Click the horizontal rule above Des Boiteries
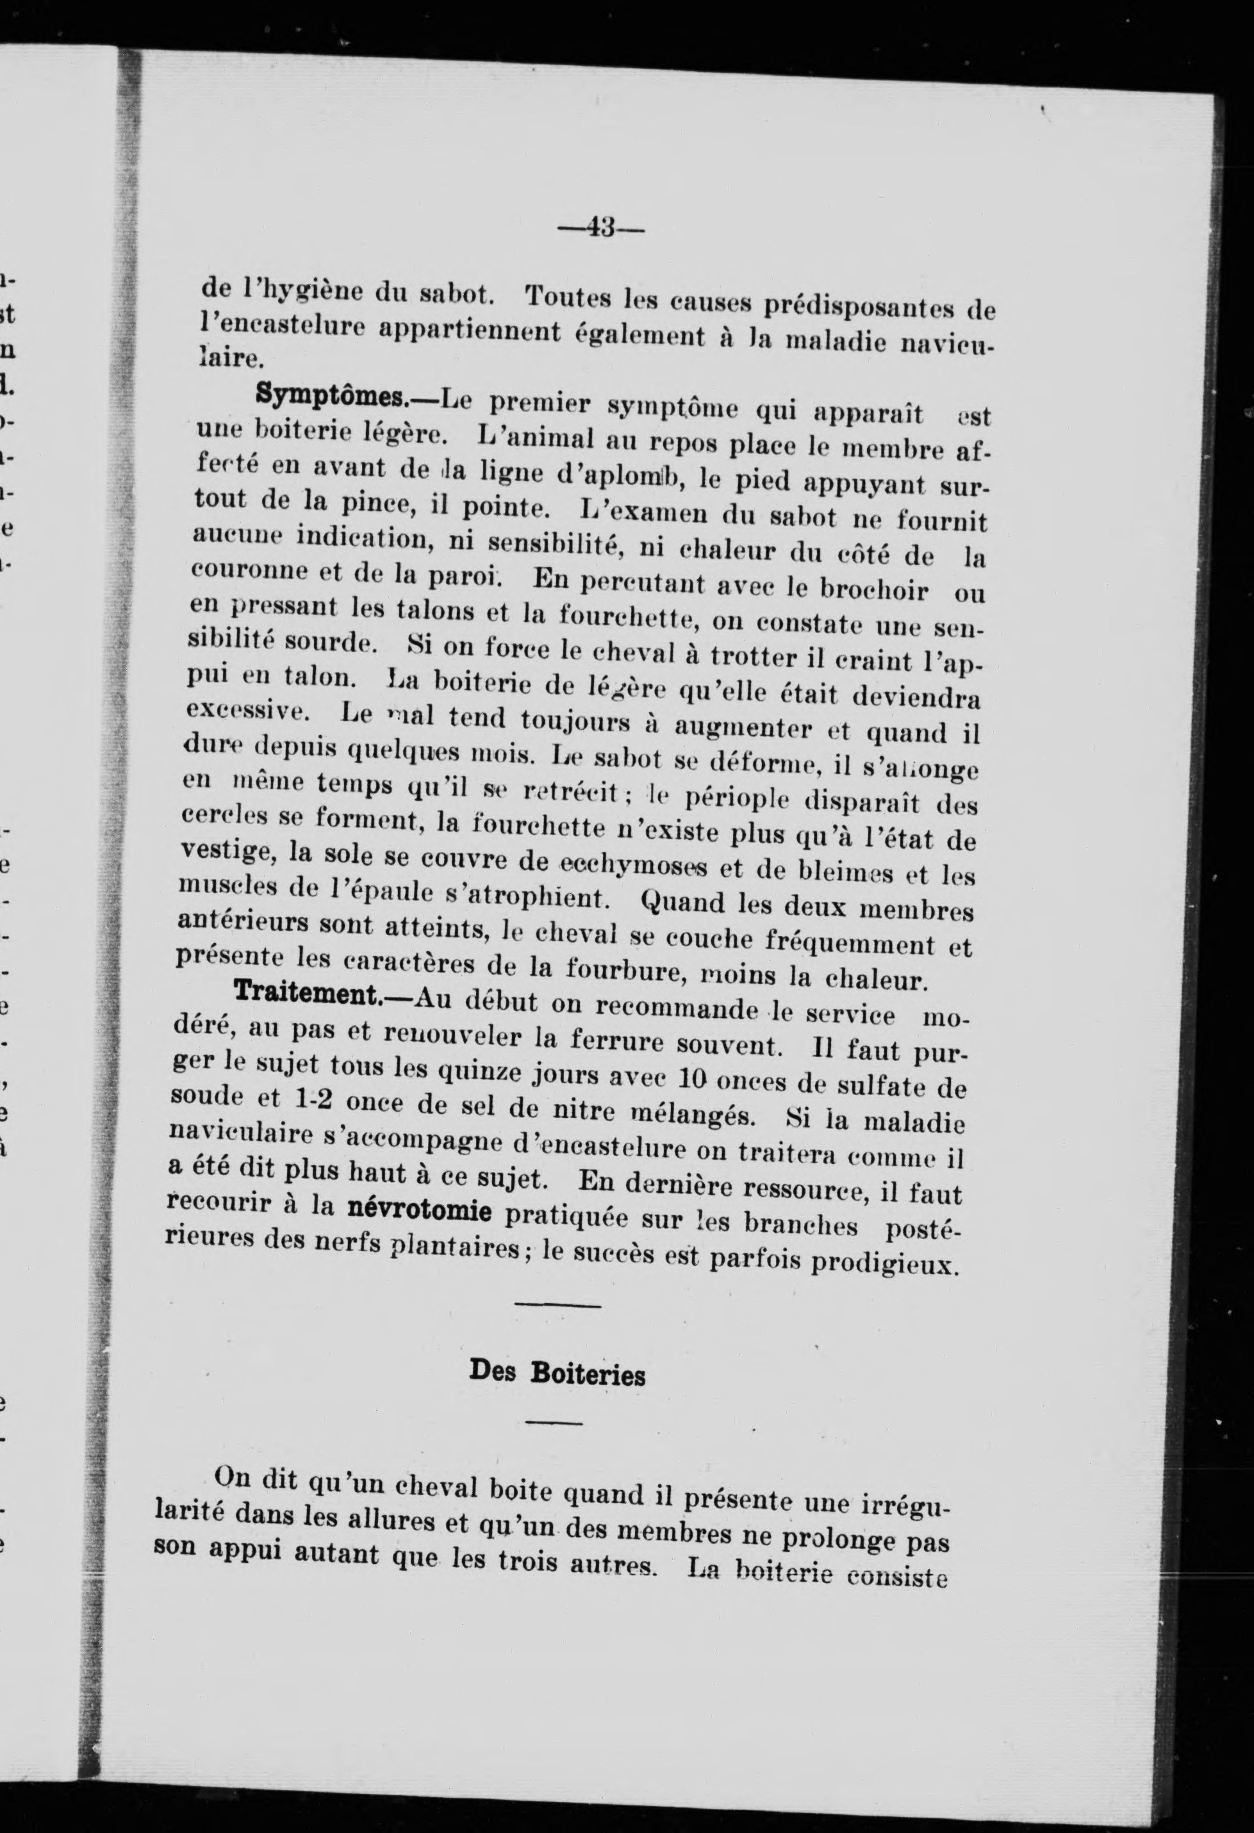pos(557,1306)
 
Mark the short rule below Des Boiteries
pos(554,1423)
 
